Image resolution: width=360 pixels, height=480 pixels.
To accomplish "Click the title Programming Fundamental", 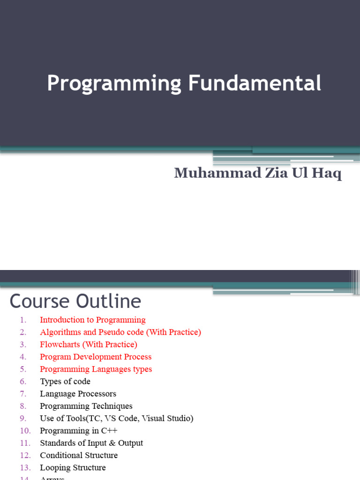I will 184,83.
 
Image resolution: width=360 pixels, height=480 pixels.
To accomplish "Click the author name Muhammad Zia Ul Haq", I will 258,173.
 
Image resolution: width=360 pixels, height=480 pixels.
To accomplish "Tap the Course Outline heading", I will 75,301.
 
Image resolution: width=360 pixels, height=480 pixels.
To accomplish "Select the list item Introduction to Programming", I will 93,320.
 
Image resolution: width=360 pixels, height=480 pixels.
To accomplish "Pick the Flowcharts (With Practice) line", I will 89,345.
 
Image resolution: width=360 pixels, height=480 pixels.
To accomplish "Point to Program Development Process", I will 96,357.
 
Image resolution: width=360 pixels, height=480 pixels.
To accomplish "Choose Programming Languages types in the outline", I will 96,369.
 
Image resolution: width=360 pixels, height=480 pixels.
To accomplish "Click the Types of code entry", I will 65,382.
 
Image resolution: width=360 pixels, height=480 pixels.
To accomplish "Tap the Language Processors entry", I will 78,394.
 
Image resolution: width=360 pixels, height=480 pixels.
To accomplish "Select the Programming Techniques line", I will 86,406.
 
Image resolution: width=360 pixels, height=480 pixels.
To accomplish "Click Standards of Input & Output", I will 91,443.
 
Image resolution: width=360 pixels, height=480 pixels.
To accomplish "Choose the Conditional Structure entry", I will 79,455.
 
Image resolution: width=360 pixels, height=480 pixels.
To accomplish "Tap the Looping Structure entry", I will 73,467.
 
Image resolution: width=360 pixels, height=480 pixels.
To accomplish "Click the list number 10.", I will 25,430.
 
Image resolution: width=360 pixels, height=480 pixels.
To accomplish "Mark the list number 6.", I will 23,382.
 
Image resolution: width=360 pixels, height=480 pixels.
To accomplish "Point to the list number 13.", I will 25,467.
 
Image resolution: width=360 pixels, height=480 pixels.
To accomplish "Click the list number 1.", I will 23,320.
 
